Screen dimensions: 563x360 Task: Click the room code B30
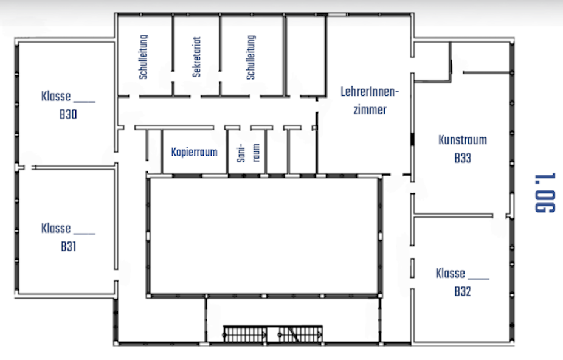click(68, 114)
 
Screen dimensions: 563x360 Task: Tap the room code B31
click(68, 246)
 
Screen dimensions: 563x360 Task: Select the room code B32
click(463, 291)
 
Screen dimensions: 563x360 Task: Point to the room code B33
click(463, 158)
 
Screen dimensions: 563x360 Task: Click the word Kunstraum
click(463, 140)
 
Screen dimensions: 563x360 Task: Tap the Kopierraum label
click(194, 152)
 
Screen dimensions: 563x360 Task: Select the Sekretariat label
click(196, 57)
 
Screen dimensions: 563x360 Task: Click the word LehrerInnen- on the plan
click(370, 92)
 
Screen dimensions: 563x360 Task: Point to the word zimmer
click(370, 109)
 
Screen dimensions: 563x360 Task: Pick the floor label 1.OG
click(545, 193)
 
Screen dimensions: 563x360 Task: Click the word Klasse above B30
click(56, 96)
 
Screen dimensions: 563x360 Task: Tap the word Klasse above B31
click(56, 228)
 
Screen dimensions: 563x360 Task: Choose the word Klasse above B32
click(451, 273)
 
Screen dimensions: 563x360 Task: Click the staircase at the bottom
click(273, 334)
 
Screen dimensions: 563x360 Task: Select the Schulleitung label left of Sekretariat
click(143, 57)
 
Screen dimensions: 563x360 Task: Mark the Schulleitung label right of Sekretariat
click(250, 57)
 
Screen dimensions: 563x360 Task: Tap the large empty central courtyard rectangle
click(264, 236)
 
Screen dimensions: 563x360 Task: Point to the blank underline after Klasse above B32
click(478, 279)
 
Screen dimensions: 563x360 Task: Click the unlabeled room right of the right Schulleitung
click(306, 57)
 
